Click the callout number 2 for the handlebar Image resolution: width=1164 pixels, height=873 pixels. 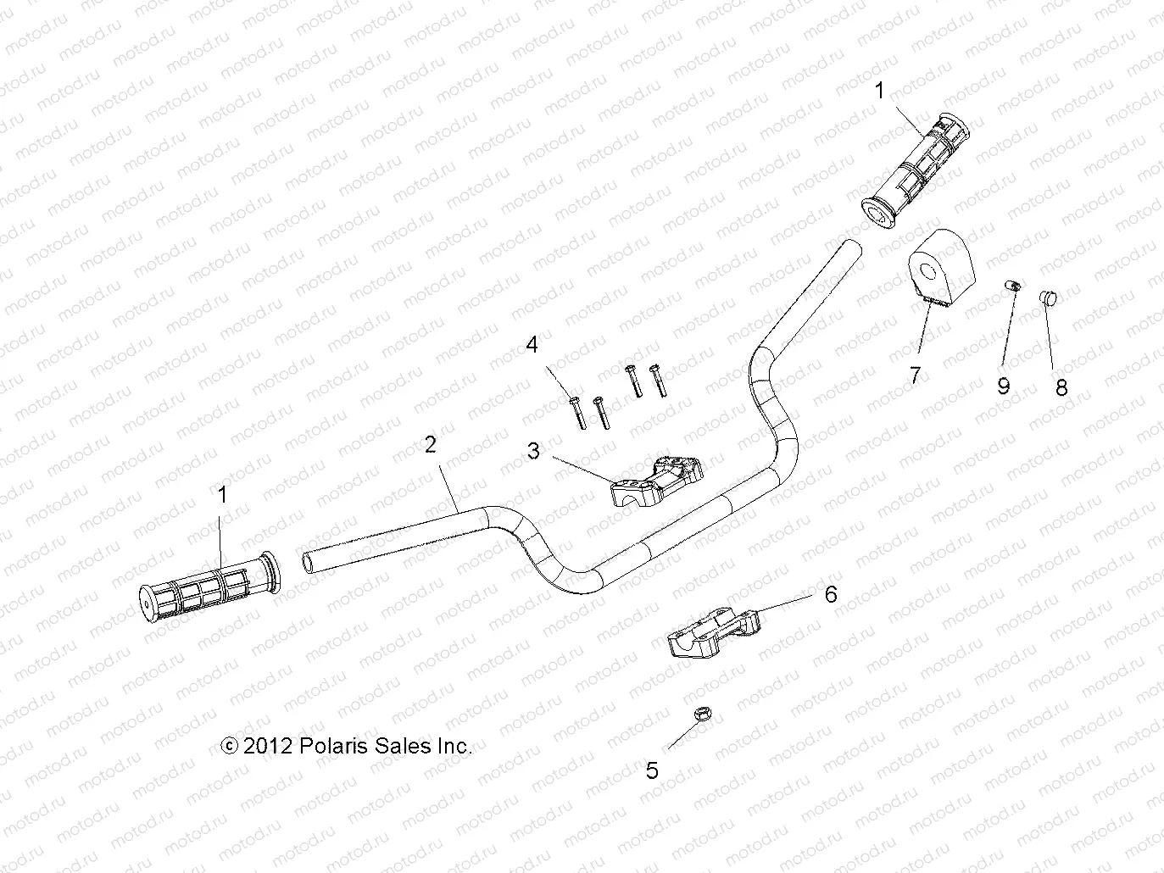point(431,444)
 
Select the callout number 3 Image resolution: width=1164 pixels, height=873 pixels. point(533,451)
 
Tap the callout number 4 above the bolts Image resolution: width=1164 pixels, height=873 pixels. point(532,345)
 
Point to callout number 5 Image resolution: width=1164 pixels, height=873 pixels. point(652,770)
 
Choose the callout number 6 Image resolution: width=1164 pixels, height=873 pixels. point(831,594)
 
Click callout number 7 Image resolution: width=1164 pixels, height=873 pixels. point(915,375)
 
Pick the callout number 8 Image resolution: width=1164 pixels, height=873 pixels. point(1061,388)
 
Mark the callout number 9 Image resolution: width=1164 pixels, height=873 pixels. point(1004,386)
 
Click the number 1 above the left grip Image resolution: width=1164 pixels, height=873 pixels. point(223,495)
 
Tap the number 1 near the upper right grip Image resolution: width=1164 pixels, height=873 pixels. point(880,91)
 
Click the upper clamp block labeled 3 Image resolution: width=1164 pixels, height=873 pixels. point(657,478)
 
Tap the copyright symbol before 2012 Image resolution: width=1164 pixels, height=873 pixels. point(229,746)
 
